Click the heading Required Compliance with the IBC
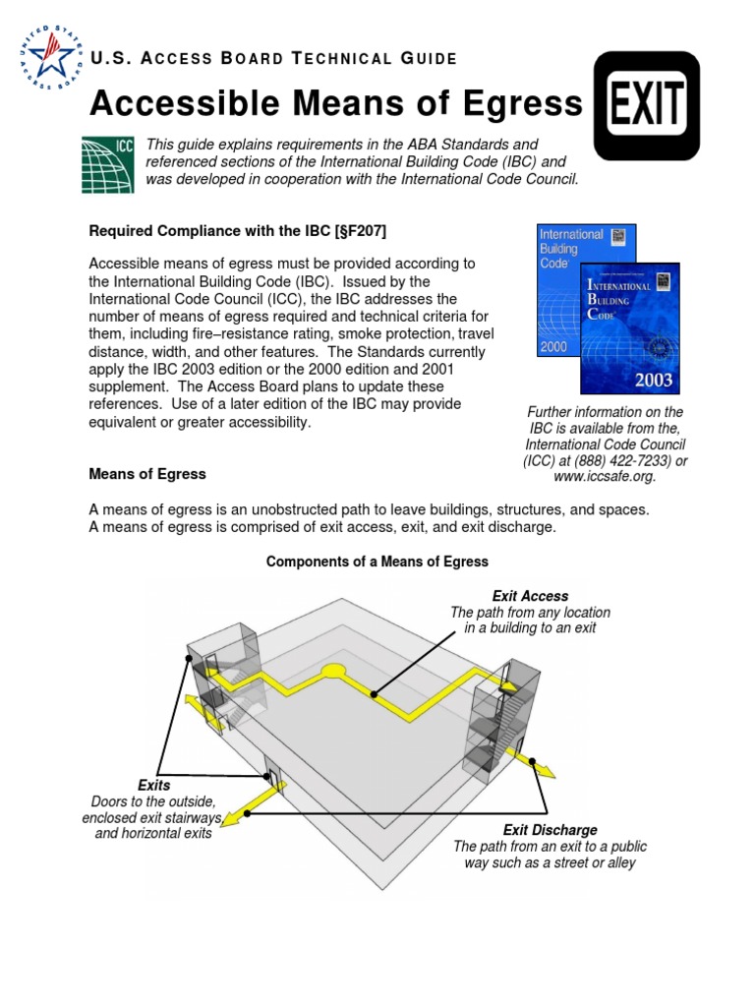coord(238,231)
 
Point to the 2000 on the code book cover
coord(552,347)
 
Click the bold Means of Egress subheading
coord(147,474)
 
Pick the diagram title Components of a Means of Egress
coord(377,562)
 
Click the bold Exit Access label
coord(530,596)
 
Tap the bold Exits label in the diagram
coord(153,786)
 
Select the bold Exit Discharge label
coord(550,830)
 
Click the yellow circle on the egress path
coord(334,673)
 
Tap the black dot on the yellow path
coord(374,693)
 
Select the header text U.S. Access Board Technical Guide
coord(273,59)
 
